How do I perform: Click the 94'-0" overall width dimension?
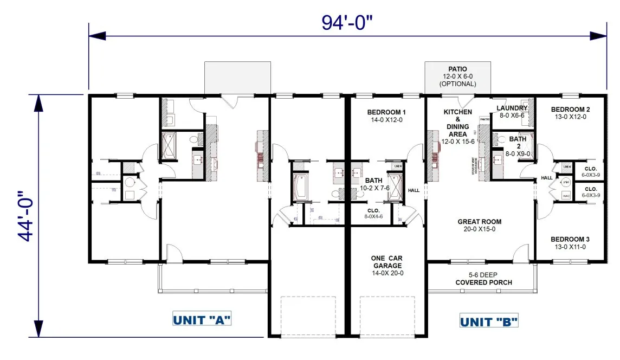click(348, 23)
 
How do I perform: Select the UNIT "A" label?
click(202, 319)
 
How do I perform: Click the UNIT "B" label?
click(489, 322)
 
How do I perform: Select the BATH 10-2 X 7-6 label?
click(373, 184)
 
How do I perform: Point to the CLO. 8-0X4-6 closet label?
click(373, 213)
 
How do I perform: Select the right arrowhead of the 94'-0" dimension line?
click(598, 36)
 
